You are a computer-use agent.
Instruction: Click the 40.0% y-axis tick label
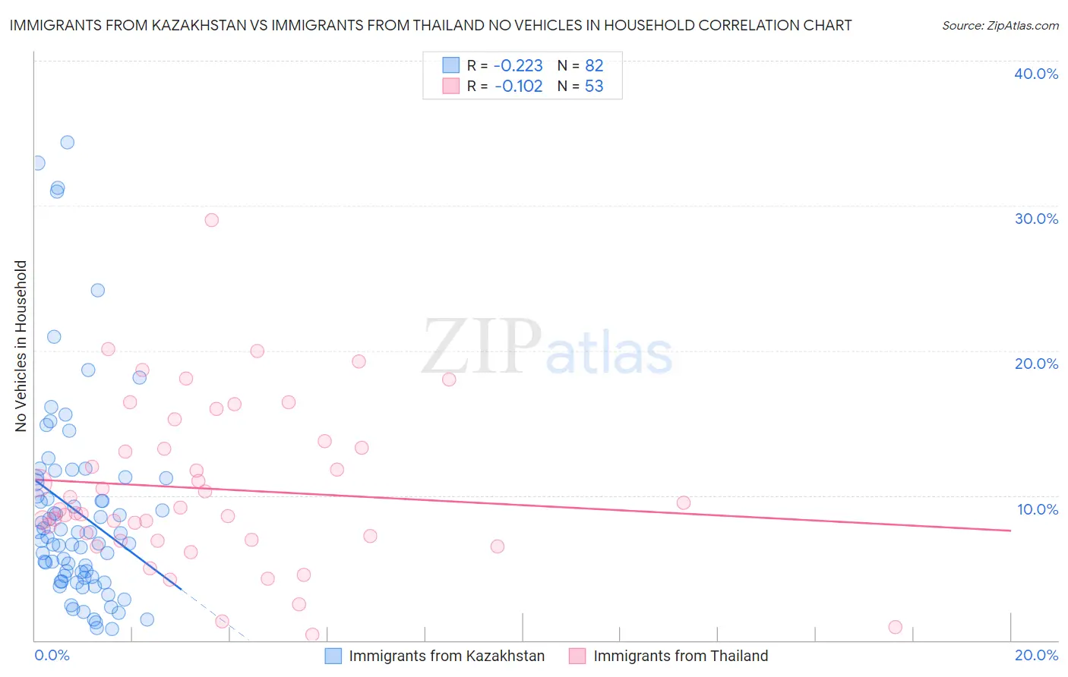[x=1036, y=74]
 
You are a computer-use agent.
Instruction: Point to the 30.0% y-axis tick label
[x=1036, y=219]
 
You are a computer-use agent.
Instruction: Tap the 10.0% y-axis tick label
[x=1038, y=509]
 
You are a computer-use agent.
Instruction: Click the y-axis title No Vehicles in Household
[x=21, y=346]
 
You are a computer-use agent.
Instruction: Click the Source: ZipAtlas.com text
[x=1000, y=26]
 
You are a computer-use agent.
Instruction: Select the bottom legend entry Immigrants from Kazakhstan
[x=446, y=657]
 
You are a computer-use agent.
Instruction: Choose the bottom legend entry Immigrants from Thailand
[x=680, y=657]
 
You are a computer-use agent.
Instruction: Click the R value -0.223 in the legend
[x=518, y=66]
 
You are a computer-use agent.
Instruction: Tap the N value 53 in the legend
[x=594, y=87]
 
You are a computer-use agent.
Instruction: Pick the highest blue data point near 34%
[x=68, y=142]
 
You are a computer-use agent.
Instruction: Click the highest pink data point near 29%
[x=212, y=220]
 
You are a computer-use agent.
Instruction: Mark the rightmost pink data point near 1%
[x=896, y=627]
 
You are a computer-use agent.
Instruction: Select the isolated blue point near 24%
[x=98, y=290]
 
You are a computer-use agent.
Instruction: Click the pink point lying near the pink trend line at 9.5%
[x=684, y=502]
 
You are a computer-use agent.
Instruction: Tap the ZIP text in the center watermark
[x=482, y=347]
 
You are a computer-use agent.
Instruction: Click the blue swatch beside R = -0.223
[x=451, y=65]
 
